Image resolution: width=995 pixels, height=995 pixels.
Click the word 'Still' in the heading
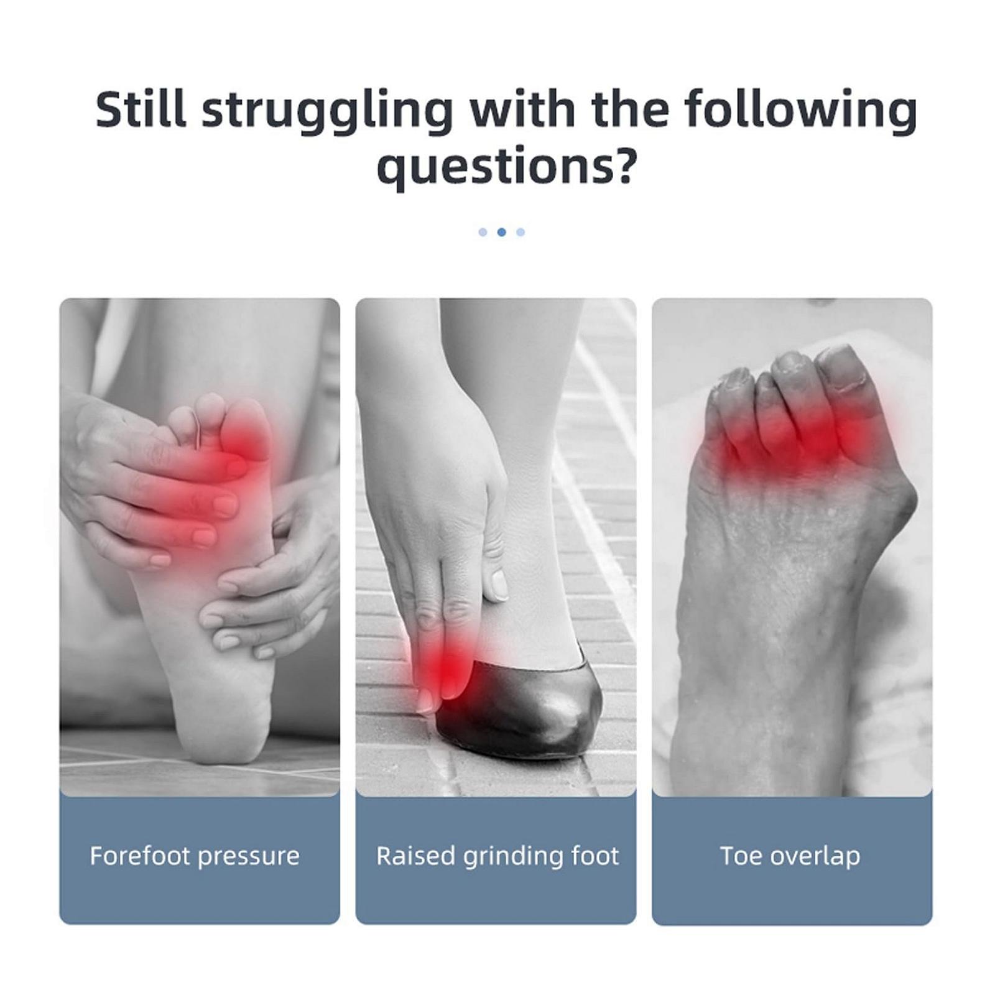[141, 110]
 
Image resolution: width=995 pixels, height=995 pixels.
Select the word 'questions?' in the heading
[507, 168]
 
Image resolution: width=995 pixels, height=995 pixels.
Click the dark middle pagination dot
[502, 232]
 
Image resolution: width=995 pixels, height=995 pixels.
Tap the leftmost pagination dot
[483, 232]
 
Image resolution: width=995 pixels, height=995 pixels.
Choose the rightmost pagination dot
[521, 232]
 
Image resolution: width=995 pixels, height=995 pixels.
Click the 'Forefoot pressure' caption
[195, 856]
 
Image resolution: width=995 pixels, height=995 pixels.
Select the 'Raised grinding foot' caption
[497, 857]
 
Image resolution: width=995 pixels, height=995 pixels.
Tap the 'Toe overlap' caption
[790, 856]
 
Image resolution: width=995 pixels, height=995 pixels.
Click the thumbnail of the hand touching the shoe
[498, 583]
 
